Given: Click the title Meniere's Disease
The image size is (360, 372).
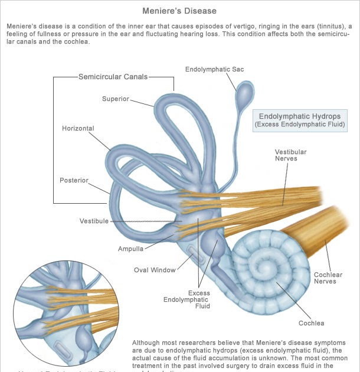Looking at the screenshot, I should (x=179, y=11).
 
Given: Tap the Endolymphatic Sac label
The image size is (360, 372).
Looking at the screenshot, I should (x=214, y=70).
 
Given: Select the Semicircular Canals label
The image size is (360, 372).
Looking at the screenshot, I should (x=113, y=77).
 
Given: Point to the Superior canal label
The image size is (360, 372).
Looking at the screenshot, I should (x=115, y=99).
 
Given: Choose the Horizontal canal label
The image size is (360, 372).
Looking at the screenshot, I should (x=78, y=128).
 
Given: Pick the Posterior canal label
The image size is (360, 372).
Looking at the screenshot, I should (x=74, y=180).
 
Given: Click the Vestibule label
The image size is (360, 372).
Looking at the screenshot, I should (x=94, y=221).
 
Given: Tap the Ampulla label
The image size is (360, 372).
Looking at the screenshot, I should (x=130, y=249).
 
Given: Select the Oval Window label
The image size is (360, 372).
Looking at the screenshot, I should (x=155, y=270).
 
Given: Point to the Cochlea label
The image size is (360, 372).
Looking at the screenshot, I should (x=311, y=323).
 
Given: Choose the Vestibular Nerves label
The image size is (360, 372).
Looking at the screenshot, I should (x=290, y=155).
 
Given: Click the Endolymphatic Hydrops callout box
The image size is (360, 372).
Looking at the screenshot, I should (x=299, y=120).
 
